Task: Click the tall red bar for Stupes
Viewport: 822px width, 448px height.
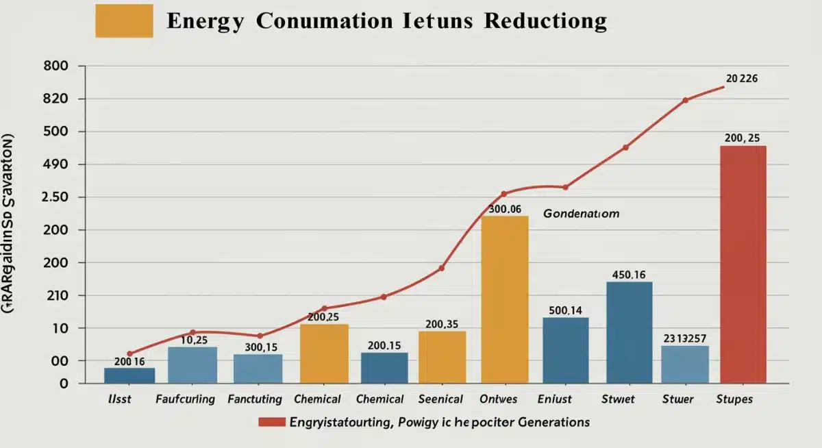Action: coord(743,264)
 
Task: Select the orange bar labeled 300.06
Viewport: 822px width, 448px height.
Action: coord(505,299)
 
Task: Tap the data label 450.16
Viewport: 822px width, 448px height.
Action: coord(629,275)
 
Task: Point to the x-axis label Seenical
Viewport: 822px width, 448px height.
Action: coord(440,399)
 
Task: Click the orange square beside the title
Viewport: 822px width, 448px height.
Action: coord(124,21)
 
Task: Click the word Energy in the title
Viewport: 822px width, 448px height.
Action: coord(204,21)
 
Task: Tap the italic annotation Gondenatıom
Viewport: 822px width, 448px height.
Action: coord(582,214)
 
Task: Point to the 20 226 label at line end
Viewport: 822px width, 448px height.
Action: coord(741,78)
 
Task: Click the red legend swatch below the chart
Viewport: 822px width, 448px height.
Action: coord(271,423)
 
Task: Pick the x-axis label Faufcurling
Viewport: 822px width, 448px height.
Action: coord(185,399)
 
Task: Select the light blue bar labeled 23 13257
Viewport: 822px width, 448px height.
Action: coord(685,364)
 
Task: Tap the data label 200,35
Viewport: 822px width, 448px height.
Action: coord(442,324)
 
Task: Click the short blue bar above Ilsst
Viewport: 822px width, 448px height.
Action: coord(129,375)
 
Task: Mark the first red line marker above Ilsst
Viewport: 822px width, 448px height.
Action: coord(129,353)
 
